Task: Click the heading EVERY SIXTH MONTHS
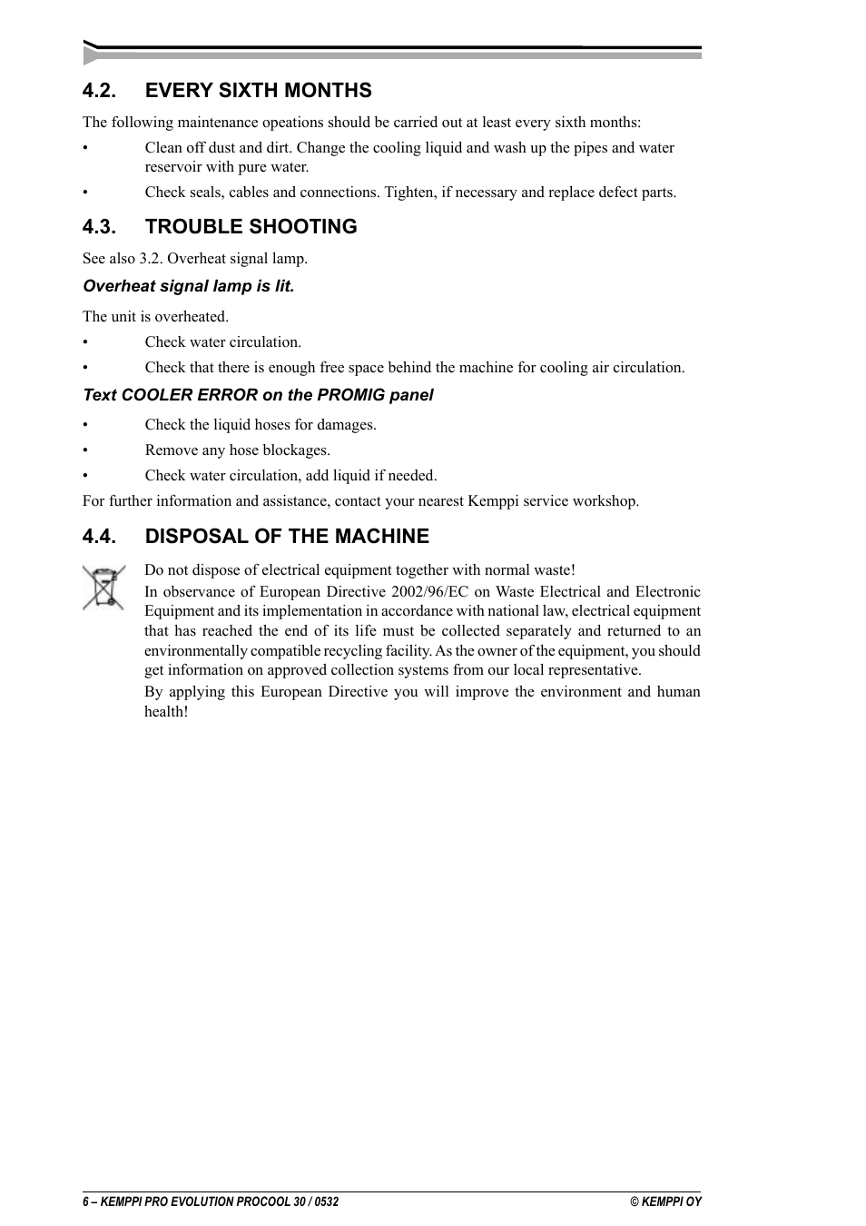point(258,90)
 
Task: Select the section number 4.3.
point(99,226)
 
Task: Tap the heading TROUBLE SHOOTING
point(251,226)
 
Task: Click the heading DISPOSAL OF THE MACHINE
point(287,536)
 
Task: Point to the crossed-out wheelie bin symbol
point(103,587)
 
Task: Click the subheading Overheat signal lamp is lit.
point(189,286)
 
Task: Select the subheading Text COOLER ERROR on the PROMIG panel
point(258,395)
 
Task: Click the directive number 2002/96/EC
point(429,591)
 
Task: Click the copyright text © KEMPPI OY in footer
point(665,1201)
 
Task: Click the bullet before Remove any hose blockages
point(85,450)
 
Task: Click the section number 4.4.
point(99,536)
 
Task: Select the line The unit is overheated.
point(155,316)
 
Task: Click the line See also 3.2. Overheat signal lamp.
point(195,258)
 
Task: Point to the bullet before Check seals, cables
point(85,193)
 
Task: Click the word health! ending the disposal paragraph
point(166,711)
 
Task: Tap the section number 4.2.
point(99,90)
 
